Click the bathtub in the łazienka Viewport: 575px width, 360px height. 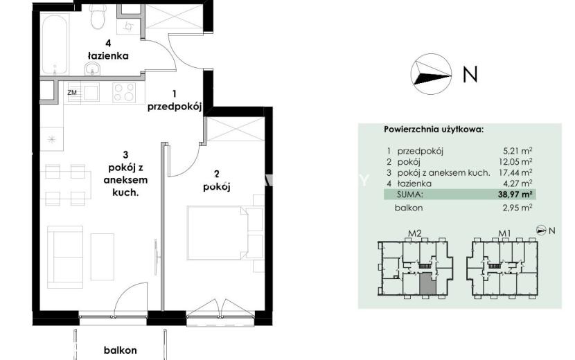55,44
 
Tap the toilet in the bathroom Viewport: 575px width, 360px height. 98,17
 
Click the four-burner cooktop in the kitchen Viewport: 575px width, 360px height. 124,91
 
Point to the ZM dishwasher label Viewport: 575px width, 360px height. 72,92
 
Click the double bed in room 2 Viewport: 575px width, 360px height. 218,233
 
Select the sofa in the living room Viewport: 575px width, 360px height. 65,257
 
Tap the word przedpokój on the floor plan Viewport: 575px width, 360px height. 175,107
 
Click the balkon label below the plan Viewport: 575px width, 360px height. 121,350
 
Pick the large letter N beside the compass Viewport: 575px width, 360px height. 470,74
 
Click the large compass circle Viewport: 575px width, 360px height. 431,74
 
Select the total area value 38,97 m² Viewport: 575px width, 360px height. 515,195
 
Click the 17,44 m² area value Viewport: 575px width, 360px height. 517,172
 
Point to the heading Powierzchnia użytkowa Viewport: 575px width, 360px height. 434,129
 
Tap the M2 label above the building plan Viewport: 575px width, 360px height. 414,233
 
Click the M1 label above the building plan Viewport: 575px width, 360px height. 504,233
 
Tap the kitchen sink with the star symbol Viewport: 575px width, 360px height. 52,138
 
